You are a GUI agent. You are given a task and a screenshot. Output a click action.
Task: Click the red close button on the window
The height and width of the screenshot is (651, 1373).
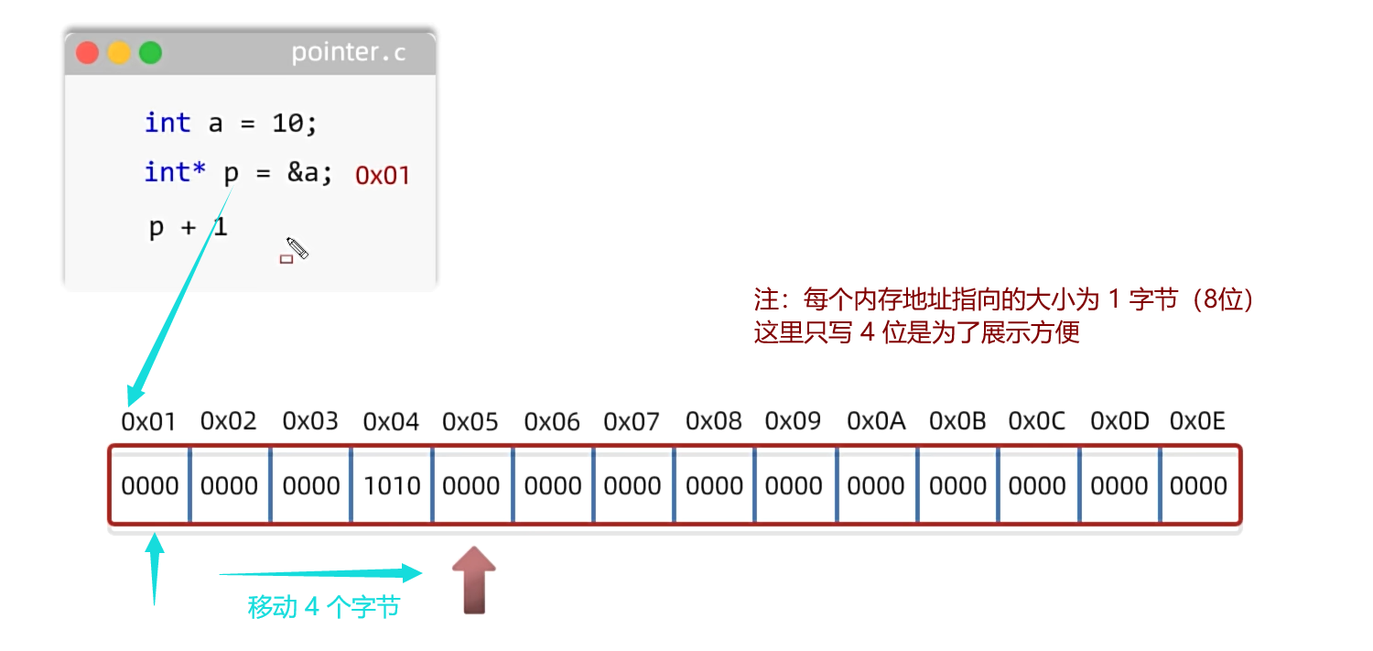click(x=88, y=53)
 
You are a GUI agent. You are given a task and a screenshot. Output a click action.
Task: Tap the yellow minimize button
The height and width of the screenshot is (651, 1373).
click(x=119, y=53)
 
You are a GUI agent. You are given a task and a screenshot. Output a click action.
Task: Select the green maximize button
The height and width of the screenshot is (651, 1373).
click(x=150, y=53)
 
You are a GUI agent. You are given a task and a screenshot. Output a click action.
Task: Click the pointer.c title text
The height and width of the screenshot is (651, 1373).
click(x=348, y=53)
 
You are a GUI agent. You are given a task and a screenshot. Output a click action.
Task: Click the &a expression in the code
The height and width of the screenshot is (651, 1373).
click(x=309, y=172)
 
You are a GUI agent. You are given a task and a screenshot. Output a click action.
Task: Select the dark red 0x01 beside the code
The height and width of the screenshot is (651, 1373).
click(x=382, y=176)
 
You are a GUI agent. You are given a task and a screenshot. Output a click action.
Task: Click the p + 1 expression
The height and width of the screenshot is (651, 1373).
click(x=188, y=227)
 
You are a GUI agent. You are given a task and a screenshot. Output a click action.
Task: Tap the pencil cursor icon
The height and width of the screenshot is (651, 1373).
click(x=297, y=248)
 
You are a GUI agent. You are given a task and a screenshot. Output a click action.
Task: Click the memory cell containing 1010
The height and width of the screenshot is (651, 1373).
click(x=392, y=485)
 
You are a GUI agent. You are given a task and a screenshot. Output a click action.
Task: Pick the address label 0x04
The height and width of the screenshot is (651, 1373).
click(x=391, y=422)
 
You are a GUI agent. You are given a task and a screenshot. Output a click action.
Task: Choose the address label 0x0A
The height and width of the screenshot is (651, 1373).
click(x=876, y=422)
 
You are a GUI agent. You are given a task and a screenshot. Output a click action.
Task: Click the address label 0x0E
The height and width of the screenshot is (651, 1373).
click(x=1197, y=422)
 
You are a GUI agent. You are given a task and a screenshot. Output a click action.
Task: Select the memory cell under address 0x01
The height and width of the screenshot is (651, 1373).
click(x=149, y=485)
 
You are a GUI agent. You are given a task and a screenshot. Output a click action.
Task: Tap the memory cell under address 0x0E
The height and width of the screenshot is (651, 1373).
click(x=1198, y=485)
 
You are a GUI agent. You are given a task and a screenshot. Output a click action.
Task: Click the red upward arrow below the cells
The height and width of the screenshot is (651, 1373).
click(x=473, y=579)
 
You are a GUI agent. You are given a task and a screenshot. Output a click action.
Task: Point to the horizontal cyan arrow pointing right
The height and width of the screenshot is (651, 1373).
click(x=320, y=574)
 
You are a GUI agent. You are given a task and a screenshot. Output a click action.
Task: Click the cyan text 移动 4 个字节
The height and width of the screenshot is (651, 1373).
click(x=323, y=607)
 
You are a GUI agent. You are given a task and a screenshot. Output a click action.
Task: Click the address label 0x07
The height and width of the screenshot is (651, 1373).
click(x=632, y=422)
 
